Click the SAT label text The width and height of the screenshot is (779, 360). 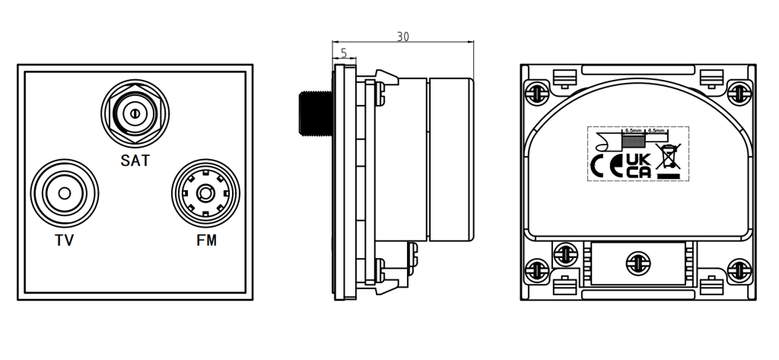coord(135,161)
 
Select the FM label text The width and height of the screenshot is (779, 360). coord(205,241)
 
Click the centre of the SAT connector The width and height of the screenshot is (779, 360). coord(135,113)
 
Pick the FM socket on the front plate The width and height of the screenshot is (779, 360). coord(205,193)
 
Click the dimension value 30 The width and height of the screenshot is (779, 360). coord(403,37)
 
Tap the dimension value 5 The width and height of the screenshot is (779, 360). coord(344,53)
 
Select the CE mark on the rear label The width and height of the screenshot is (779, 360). coord(606,166)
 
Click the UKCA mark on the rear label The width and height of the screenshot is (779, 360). coord(638,166)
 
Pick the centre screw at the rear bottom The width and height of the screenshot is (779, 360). coord(638,263)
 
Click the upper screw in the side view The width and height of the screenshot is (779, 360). coord(378,93)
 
